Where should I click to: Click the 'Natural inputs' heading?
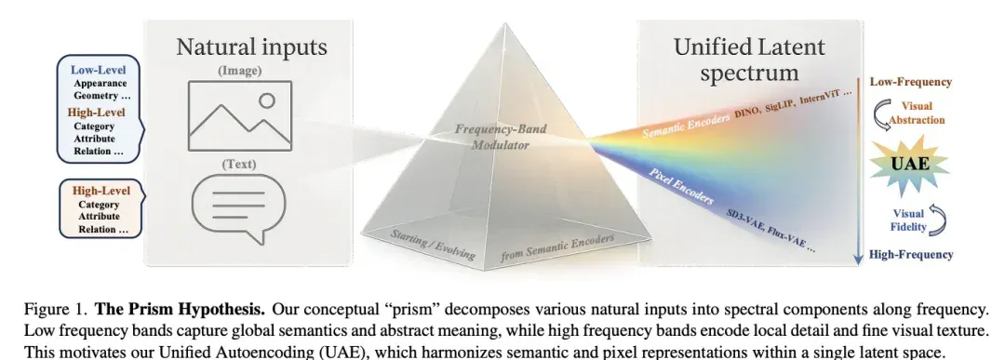point(251,47)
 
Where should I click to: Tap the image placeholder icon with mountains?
point(240,116)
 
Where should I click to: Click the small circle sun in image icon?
point(267,100)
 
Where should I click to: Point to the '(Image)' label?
point(240,71)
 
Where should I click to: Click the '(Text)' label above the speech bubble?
point(239,164)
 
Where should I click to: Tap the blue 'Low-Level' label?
point(98,70)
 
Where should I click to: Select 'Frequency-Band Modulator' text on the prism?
point(501,137)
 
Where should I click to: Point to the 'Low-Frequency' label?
point(910,82)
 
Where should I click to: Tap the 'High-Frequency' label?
point(911,254)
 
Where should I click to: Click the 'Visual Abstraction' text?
point(917,113)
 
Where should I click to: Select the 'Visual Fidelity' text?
point(908,220)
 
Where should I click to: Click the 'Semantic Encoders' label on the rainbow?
point(686,127)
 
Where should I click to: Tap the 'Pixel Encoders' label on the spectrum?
point(680,186)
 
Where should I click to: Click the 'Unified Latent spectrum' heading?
point(749,60)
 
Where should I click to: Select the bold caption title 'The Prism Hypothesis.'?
point(181,310)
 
